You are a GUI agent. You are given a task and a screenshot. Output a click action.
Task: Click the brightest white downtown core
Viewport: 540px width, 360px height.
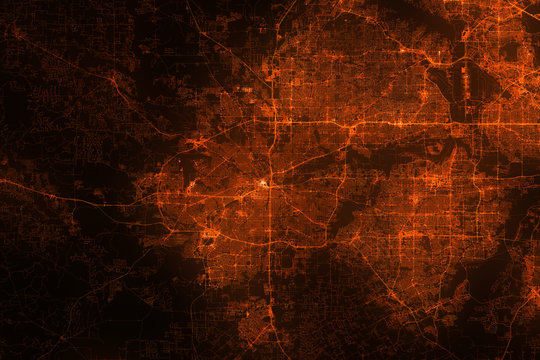(x=265, y=183)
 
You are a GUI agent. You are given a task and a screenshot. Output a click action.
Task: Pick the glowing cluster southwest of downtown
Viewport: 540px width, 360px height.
(x=210, y=234)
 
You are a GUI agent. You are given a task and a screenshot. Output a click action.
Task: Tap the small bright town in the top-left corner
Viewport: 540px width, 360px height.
(x=17, y=33)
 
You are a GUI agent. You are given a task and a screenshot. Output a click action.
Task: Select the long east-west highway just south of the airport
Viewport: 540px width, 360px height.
(x=400, y=123)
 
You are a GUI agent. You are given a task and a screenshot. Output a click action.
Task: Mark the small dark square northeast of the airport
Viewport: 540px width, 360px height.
(x=511, y=49)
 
